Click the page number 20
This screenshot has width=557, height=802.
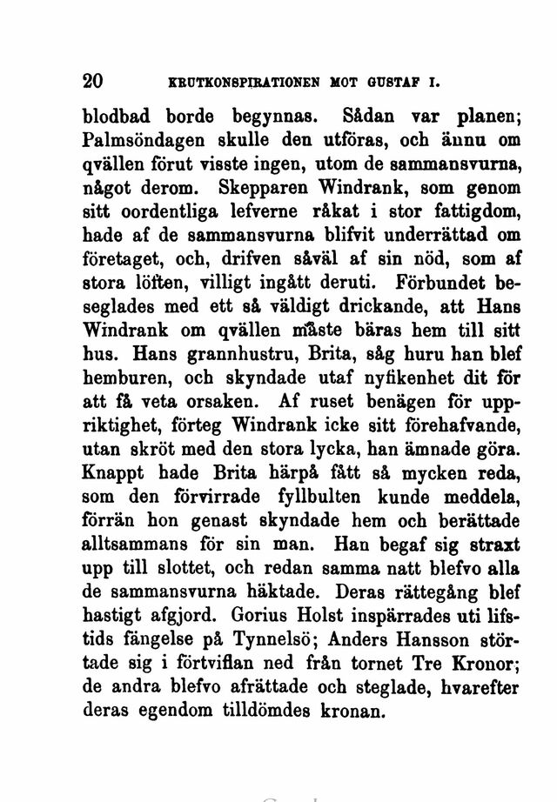(92, 81)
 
